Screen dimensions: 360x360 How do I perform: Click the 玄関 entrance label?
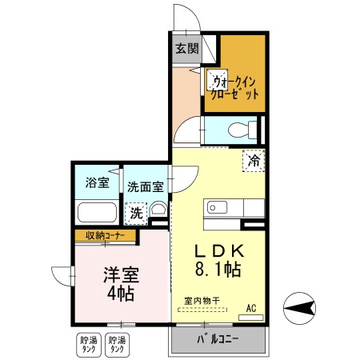186,49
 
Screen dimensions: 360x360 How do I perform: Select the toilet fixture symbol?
244,129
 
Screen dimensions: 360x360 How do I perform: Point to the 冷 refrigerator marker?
254,159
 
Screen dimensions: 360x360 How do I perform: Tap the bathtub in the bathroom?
96,214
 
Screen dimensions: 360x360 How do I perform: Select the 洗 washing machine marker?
137,213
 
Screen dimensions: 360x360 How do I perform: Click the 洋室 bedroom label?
120,274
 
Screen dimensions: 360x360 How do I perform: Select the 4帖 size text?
120,293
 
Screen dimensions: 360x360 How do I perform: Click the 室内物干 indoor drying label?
202,301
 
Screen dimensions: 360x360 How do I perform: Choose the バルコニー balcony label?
218,342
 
